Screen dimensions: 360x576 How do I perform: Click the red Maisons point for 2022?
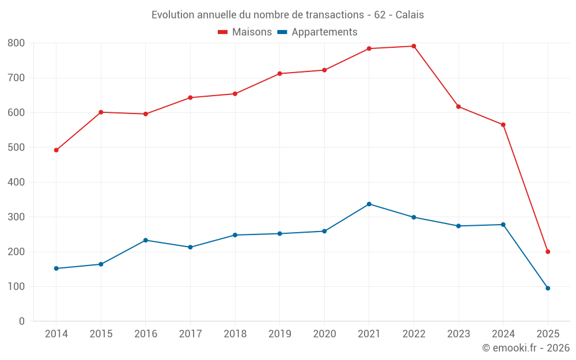point(414,46)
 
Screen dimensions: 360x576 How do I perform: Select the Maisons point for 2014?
point(56,150)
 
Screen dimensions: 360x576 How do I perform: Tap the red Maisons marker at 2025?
point(548,252)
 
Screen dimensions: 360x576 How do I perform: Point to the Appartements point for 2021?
point(369,204)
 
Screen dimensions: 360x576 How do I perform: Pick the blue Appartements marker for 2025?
point(548,288)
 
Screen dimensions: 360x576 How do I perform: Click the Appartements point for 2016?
point(145,240)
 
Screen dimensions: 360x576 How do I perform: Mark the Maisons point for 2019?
point(279,74)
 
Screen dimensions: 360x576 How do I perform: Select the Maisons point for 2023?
point(458,107)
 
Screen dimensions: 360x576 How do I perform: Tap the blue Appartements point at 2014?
point(56,268)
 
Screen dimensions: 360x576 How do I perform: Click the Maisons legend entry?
point(245,32)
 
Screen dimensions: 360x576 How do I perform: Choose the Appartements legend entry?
point(317,32)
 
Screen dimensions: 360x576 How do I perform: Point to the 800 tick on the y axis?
point(17,43)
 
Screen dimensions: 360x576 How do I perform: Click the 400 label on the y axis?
point(17,182)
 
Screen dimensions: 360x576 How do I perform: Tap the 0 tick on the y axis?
point(22,321)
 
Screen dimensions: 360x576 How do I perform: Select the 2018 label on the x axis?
point(235,334)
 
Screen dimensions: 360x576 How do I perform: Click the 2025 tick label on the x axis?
point(548,334)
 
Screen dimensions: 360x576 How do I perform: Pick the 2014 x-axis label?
point(56,334)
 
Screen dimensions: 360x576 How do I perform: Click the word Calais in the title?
point(410,15)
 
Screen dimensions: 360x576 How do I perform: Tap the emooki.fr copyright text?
point(526,348)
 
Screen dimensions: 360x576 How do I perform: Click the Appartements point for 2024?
point(503,225)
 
